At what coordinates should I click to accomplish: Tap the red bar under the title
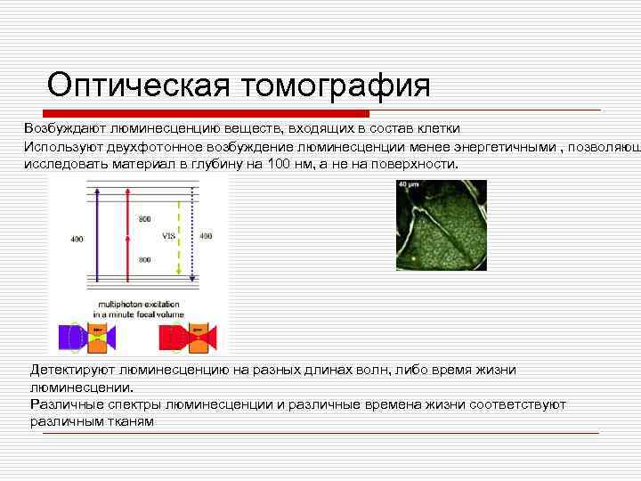196,114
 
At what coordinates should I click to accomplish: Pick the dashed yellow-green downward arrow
180,236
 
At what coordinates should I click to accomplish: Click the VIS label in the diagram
167,237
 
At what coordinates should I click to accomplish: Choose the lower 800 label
144,259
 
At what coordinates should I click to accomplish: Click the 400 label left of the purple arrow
78,239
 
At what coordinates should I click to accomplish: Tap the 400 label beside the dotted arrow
205,236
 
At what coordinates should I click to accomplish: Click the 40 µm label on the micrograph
409,185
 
